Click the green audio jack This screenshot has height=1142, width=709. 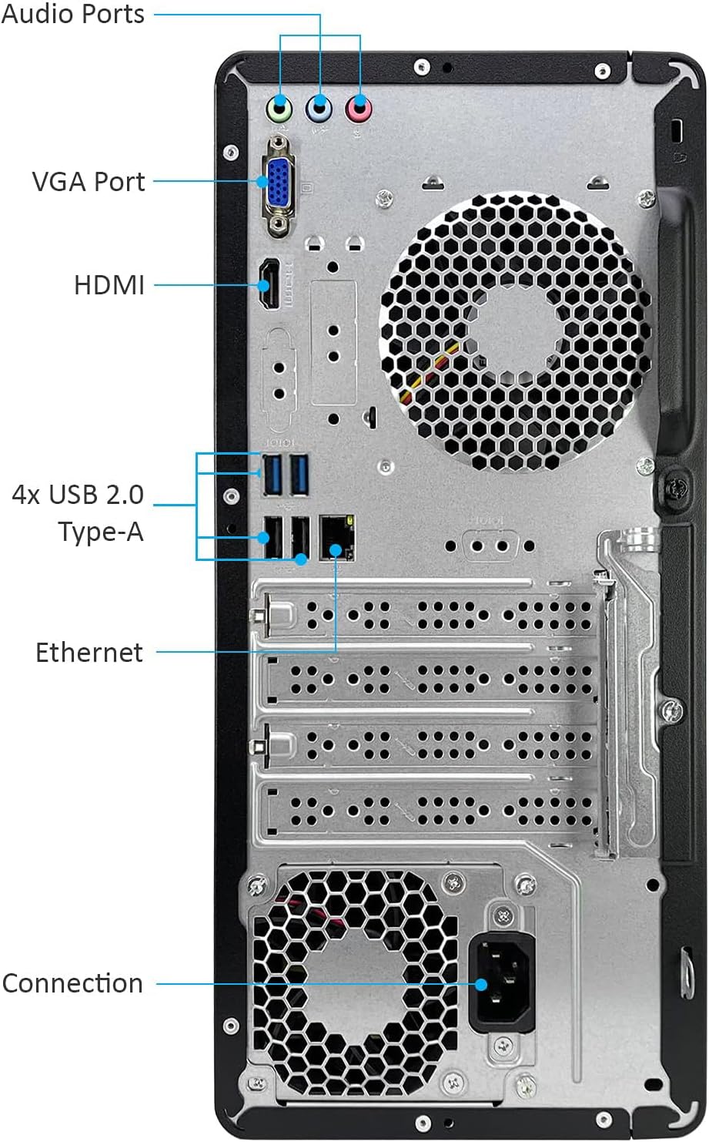pos(279,109)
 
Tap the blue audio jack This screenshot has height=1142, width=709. pos(319,109)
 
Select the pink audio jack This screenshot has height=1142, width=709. pos(359,109)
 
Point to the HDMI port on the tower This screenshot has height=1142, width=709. pos(269,284)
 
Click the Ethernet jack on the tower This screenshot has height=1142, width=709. pos(336,538)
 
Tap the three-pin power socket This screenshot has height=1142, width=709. pos(502,983)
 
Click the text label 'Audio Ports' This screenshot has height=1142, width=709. pos(73,14)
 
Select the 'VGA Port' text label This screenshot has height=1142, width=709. pos(89,182)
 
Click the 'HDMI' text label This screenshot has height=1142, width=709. pos(109,285)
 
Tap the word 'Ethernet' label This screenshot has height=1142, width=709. pos(89,652)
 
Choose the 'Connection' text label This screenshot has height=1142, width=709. pos(72,983)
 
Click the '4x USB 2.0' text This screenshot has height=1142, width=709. pos(78,495)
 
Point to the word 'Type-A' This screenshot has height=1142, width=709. pos(101,532)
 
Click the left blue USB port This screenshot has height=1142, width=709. pos(273,475)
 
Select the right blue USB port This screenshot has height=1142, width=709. pos(299,475)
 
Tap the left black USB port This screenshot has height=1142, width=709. pos(273,537)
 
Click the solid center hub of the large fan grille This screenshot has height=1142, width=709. pos(516,331)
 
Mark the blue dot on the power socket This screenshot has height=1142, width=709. pos(481,985)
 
